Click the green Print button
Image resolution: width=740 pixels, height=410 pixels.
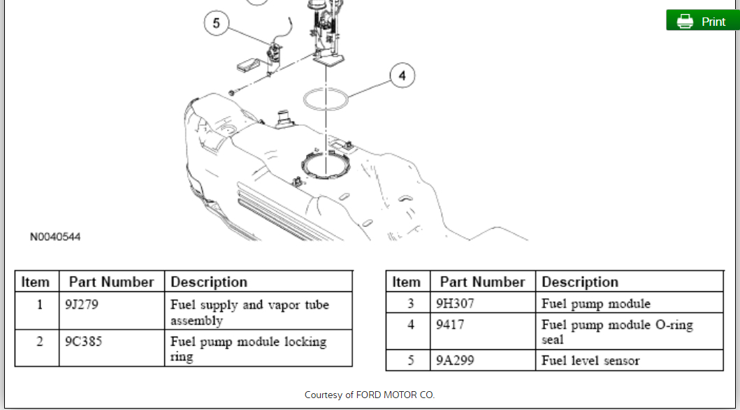(702, 21)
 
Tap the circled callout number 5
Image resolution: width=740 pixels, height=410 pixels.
(216, 24)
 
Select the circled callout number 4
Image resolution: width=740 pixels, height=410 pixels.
(402, 75)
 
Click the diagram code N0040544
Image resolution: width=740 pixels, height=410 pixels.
(55, 237)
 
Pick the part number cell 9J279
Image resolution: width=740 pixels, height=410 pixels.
(81, 305)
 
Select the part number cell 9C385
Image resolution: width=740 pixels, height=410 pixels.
(82, 342)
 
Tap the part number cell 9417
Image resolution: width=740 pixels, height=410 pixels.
(450, 325)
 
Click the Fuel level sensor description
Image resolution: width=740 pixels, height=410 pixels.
(590, 360)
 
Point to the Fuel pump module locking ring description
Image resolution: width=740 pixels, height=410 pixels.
(248, 349)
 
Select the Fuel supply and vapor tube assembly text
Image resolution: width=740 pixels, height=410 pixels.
(249, 312)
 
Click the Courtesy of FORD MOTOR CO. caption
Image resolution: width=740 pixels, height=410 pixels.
(370, 395)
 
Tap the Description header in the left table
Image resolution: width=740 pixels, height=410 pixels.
(209, 282)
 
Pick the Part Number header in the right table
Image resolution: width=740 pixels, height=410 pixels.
(482, 282)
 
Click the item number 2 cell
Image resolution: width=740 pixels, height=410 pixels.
(40, 342)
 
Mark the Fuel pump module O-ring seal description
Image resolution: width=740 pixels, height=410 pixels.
(617, 332)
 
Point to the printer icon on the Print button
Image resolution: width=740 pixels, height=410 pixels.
(685, 21)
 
